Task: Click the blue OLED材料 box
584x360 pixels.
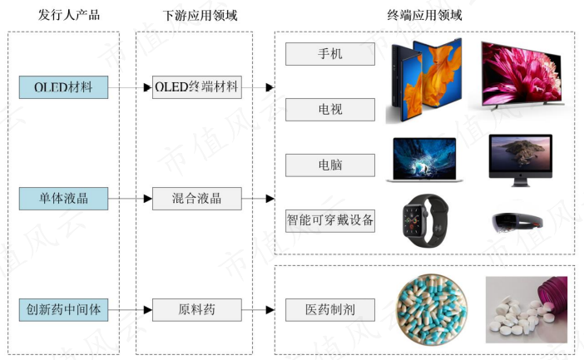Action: [x=64, y=87]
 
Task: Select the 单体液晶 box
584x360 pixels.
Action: [x=64, y=199]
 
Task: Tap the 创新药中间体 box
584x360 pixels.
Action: [x=64, y=310]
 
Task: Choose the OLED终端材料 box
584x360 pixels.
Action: [x=197, y=87]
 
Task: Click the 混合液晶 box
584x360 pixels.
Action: [x=197, y=199]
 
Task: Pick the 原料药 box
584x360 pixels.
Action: [x=197, y=310]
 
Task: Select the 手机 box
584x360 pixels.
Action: [x=330, y=54]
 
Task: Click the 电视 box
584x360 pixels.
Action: [x=330, y=110]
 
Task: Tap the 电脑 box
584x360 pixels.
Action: [x=330, y=165]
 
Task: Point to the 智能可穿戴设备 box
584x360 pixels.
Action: [x=330, y=221]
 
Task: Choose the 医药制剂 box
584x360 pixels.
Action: [x=330, y=310]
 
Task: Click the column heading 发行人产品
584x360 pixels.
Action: [x=69, y=15]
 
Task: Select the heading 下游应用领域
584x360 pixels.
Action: [x=200, y=15]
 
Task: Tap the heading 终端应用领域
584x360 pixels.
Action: [x=424, y=15]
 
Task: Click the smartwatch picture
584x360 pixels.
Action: [x=425, y=220]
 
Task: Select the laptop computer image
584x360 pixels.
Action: [x=424, y=160]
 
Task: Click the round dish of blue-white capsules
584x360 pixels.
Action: [x=432, y=310]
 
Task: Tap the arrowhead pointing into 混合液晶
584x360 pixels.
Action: [x=148, y=199]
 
